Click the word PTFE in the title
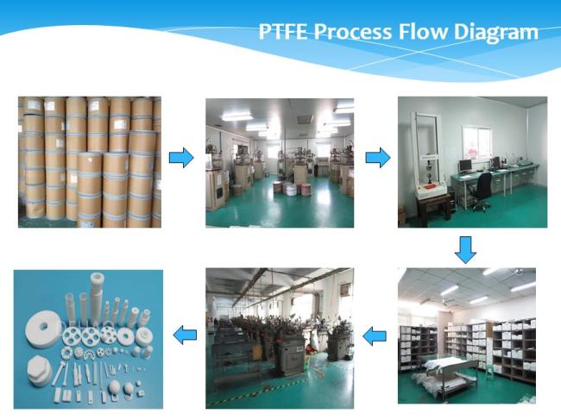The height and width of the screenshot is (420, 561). coord(283,31)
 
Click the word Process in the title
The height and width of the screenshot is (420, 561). coord(353,31)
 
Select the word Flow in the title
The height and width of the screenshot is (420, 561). coord(423,31)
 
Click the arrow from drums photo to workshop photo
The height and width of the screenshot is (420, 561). coord(181,157)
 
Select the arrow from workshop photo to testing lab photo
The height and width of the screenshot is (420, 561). coord(378,157)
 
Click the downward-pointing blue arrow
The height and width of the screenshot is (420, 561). coord(465,250)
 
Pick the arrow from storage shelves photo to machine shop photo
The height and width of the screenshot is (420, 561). coord(375,336)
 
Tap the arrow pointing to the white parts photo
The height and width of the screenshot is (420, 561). coord(185,335)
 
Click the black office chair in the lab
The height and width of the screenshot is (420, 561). coord(482,191)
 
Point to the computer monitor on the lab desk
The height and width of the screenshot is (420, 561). coord(465,166)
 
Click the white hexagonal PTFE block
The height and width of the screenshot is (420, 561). coord(41,369)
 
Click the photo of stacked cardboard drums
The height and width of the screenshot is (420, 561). coord(90,162)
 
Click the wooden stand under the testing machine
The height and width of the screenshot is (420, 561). coord(433,211)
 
